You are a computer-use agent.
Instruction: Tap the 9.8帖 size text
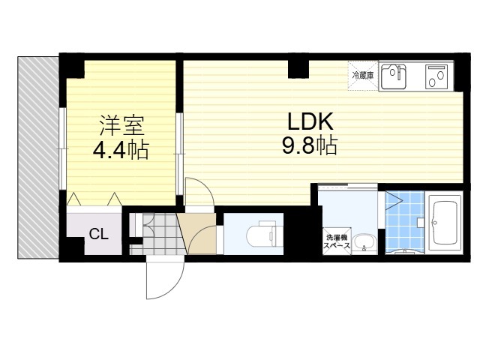[308, 145]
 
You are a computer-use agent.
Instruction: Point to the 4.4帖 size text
[120, 149]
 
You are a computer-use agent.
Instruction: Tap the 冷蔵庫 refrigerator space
[364, 76]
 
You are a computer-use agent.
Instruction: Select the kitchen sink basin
[393, 75]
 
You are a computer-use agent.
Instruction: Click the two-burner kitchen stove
[436, 76]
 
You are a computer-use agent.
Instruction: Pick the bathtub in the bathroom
[446, 223]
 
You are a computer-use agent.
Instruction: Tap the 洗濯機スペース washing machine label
[334, 240]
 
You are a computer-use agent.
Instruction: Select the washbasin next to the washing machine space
[364, 242]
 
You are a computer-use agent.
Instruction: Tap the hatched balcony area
[37, 157]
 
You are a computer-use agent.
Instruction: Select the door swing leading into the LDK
[199, 192]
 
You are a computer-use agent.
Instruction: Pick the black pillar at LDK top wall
[298, 68]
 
